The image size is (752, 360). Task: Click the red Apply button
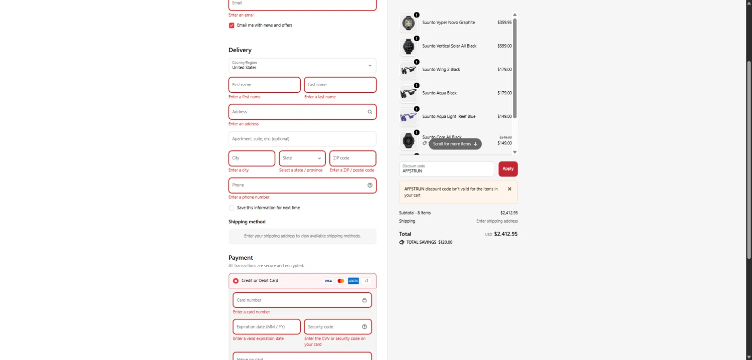508,169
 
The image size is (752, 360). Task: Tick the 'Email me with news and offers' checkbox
232,26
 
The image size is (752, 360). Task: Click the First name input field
264,85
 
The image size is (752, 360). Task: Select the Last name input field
340,85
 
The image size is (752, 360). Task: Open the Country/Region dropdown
302,66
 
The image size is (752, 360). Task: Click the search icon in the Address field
370,112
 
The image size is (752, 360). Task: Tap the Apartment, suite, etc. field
302,139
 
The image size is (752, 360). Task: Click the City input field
252,158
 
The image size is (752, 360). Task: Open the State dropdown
302,158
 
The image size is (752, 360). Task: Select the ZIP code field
352,158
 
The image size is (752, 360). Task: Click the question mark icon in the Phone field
370,186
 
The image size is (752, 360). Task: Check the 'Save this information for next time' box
232,208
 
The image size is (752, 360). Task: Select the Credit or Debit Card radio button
236,281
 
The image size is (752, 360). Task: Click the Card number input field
297,300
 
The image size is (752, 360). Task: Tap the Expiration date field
267,327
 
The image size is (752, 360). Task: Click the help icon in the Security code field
364,327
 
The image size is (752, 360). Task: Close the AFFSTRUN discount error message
509,189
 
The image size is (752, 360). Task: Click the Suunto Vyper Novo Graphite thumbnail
409,23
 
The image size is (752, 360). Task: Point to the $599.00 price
504,46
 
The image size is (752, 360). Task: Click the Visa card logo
328,281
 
